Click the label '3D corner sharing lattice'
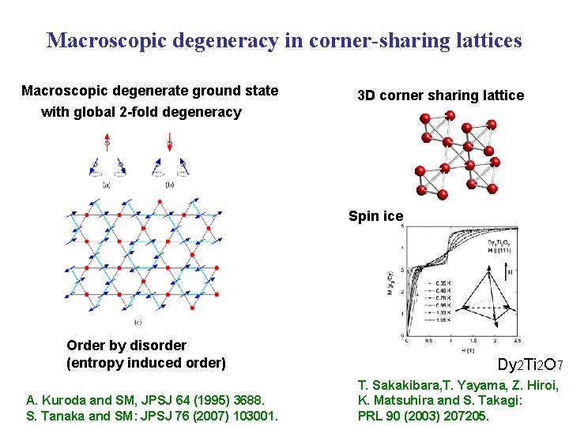[x=440, y=95]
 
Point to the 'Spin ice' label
[x=376, y=216]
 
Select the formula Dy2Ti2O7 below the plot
[x=529, y=365]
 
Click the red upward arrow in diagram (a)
[x=107, y=141]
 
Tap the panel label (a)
[x=107, y=185]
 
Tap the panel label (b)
[x=170, y=185]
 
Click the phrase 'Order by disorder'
[x=126, y=345]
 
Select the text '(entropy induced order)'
[x=146, y=363]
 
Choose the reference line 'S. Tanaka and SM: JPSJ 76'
[x=152, y=415]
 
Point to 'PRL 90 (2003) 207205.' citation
[x=424, y=415]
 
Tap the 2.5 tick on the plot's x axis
[x=517, y=341]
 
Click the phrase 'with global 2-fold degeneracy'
[x=141, y=111]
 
